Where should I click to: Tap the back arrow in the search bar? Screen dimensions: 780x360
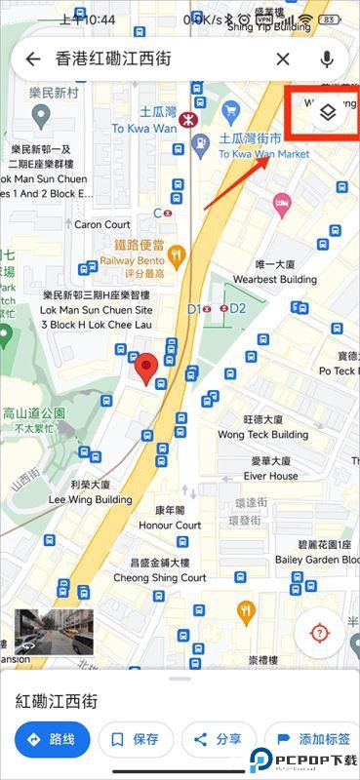[32, 59]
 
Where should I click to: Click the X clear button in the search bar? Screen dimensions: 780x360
[283, 59]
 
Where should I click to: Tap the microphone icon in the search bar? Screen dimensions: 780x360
[326, 59]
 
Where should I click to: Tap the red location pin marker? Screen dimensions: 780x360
[146, 369]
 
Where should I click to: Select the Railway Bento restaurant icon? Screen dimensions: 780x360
[176, 256]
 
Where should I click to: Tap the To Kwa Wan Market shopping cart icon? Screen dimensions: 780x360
[231, 109]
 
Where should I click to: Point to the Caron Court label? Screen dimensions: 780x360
[102, 224]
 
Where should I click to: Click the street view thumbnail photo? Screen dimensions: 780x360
[41, 631]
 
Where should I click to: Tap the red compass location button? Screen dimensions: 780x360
[319, 633]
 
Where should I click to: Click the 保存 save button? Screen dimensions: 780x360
[136, 740]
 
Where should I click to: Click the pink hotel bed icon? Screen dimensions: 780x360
[283, 206]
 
